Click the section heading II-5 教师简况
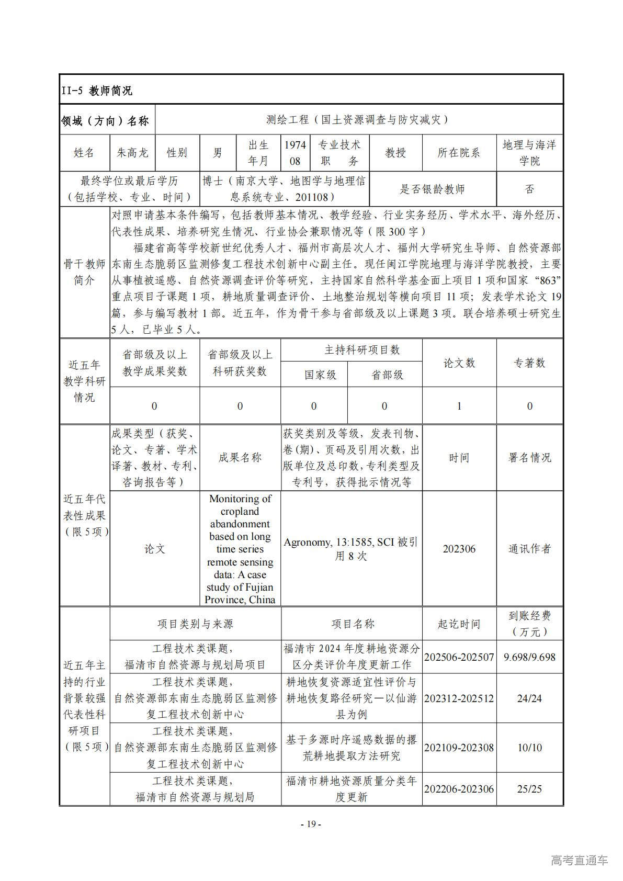click(97, 91)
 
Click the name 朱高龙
click(132, 153)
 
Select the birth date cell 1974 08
click(295, 153)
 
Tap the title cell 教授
click(395, 153)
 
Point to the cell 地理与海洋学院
click(529, 153)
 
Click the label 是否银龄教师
click(432, 189)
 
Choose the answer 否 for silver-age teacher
click(529, 189)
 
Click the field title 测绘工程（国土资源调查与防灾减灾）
click(358, 120)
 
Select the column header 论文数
click(459, 363)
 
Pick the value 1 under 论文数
click(459, 406)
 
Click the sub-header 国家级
click(314, 375)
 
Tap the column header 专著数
click(529, 363)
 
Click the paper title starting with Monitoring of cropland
click(240, 549)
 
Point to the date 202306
click(459, 549)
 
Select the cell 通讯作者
click(529, 549)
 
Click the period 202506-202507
click(459, 657)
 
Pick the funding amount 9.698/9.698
click(529, 657)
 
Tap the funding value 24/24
click(529, 698)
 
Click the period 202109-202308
click(459, 748)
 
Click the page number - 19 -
click(311, 824)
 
